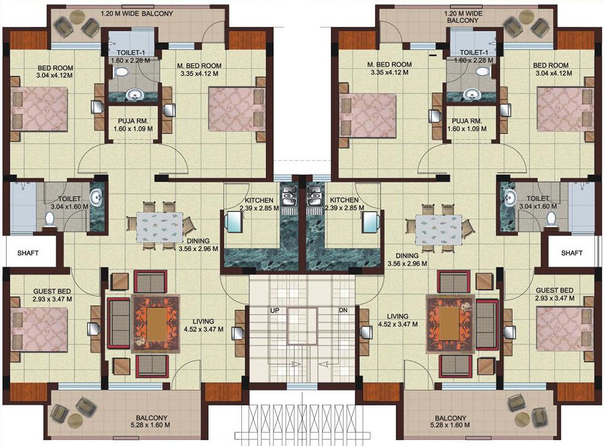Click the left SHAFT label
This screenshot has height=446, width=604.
click(x=27, y=253)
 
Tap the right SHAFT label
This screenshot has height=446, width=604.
click(x=572, y=253)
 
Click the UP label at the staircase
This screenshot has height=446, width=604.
click(x=275, y=310)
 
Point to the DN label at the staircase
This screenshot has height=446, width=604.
click(x=343, y=310)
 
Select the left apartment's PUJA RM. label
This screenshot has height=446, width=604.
click(x=133, y=121)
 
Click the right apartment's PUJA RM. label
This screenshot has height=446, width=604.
click(x=467, y=121)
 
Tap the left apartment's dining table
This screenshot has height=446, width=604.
click(x=160, y=227)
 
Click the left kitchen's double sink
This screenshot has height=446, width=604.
click(x=289, y=195)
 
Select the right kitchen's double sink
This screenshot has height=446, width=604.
click(x=314, y=195)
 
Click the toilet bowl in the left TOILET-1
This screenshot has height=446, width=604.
click(x=122, y=72)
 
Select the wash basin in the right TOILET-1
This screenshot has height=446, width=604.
click(x=471, y=94)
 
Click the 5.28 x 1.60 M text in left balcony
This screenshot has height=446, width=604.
click(x=151, y=425)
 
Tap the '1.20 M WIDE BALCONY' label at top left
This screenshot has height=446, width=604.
click(x=137, y=14)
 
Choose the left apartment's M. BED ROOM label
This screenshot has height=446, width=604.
click(x=199, y=66)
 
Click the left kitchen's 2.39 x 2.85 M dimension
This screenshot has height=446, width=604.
click(x=259, y=208)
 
